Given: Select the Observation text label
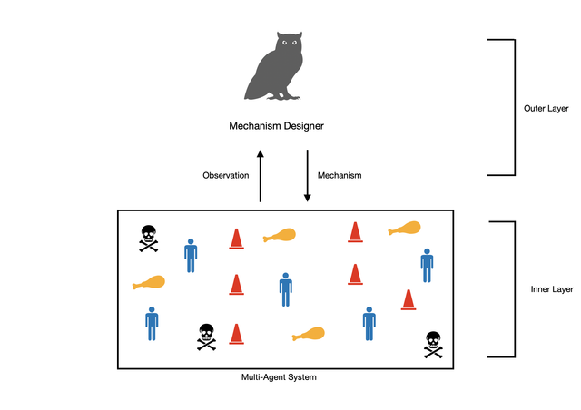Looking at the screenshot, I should point(225,175).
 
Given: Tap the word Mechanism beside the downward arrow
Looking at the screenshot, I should point(340,175).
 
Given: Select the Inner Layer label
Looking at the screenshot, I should point(551,289).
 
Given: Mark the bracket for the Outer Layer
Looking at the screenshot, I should point(513,107).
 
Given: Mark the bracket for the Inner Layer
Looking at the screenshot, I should point(513,289).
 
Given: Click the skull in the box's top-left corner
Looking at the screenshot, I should point(148,238).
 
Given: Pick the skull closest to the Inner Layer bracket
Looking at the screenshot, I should point(433,345).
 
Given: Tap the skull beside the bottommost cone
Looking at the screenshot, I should point(206,337).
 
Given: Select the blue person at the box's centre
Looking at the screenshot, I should point(286,289).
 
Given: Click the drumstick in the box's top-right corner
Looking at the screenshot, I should point(404,229).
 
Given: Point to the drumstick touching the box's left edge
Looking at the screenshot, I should point(148,283).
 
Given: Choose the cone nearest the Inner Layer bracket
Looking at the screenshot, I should point(409,299).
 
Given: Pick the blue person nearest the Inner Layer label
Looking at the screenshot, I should point(427,265).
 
